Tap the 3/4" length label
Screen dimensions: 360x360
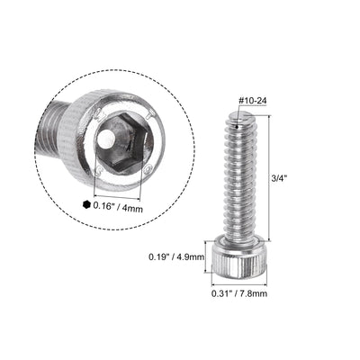(277, 178)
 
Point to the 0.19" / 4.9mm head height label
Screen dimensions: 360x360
(176, 256)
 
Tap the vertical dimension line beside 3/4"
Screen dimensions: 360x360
(265, 178)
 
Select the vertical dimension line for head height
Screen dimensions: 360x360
(215, 256)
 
